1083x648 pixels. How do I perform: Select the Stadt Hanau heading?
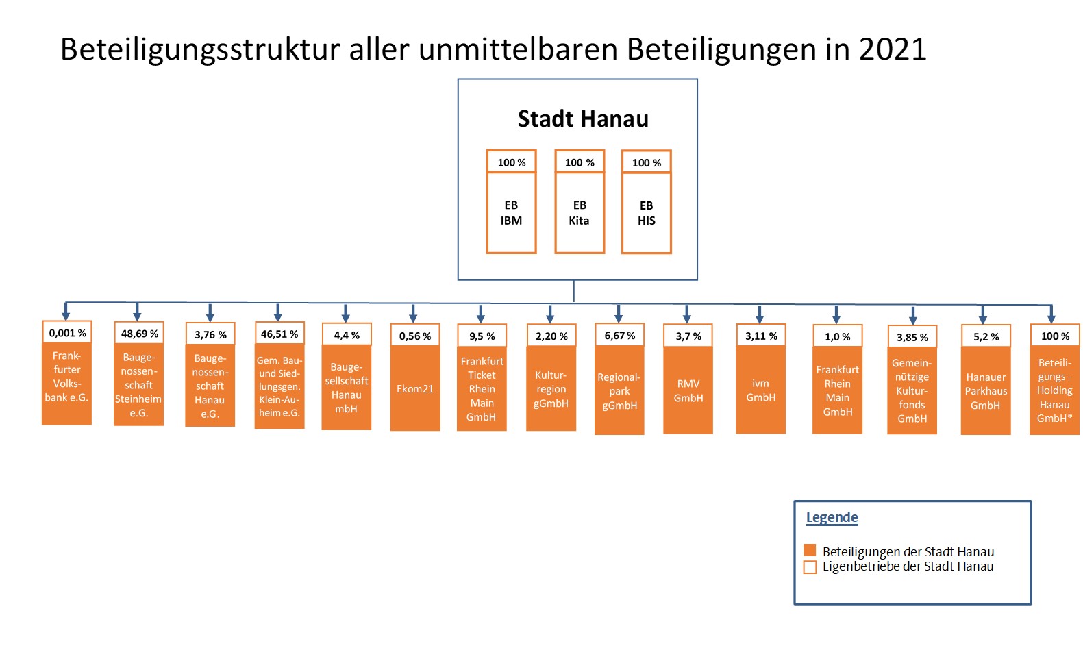[x=583, y=119]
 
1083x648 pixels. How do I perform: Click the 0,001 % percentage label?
[x=67, y=333]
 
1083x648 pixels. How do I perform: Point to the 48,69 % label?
[x=139, y=334]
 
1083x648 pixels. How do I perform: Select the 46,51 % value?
[x=279, y=334]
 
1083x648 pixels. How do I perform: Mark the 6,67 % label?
[x=619, y=336]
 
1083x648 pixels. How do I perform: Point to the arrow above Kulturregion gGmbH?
[x=550, y=314]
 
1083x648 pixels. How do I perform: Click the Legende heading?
[x=832, y=517]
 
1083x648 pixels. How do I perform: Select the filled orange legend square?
[x=810, y=550]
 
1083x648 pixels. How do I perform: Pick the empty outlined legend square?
[x=810, y=566]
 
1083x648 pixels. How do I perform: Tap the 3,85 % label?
[x=912, y=338]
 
